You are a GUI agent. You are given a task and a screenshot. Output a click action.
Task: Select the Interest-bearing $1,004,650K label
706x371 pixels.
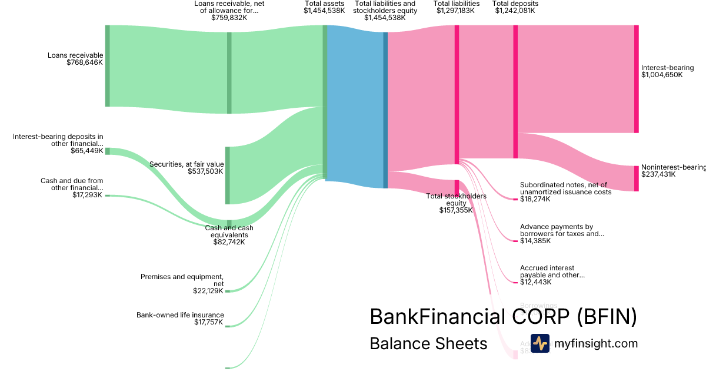click(x=667, y=71)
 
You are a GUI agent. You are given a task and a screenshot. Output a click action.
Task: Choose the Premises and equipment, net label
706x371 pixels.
click(x=182, y=283)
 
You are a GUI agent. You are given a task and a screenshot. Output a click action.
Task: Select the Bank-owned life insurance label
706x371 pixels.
click(x=180, y=319)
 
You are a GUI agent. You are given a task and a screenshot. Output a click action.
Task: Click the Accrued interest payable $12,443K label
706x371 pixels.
click(x=552, y=275)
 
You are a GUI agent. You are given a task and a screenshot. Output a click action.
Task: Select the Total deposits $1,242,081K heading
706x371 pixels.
click(x=515, y=7)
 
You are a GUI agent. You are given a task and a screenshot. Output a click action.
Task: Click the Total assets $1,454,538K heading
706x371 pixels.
click(x=324, y=7)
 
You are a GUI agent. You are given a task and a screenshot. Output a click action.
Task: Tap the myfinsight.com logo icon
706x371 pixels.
click(x=540, y=343)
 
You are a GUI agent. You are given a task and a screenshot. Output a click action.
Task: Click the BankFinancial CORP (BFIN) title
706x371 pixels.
click(x=503, y=317)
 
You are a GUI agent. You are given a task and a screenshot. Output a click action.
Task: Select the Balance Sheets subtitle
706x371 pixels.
click(x=428, y=343)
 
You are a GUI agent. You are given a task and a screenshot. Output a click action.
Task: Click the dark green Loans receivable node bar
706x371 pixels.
click(x=108, y=66)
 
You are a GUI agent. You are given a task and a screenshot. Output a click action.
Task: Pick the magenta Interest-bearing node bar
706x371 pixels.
click(x=636, y=79)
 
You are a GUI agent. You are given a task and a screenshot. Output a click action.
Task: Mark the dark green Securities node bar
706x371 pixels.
click(x=228, y=175)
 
